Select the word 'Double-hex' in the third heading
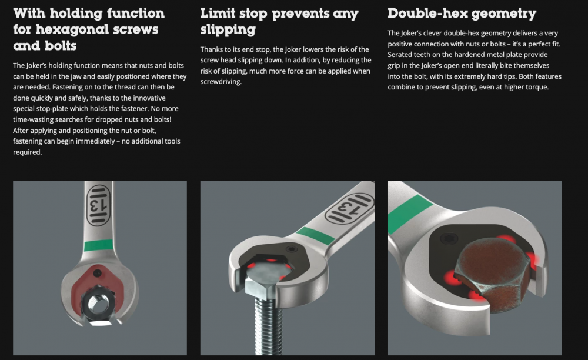tap(427, 13)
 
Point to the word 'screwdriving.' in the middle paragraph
tap(221, 82)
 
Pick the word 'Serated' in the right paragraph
tap(400, 54)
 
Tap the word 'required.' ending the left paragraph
tap(28, 152)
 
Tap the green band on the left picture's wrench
tap(99, 245)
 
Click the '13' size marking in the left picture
tap(98, 205)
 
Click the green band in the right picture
tap(409, 214)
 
